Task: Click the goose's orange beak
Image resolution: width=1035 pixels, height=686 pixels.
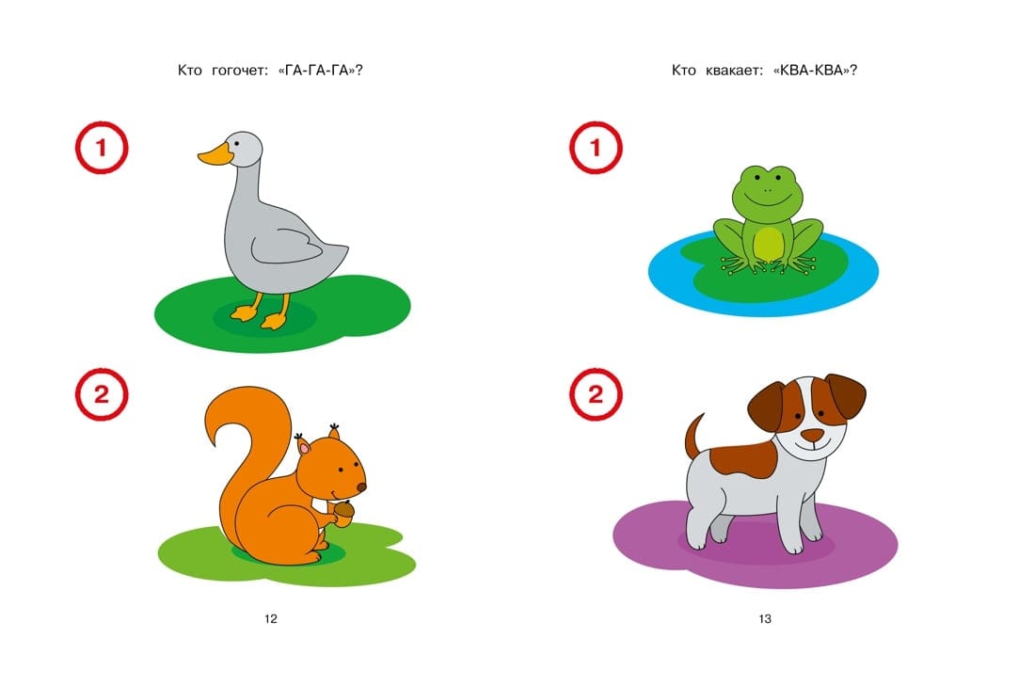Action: [x=215, y=155]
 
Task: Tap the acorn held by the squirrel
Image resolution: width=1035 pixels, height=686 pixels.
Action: [x=343, y=512]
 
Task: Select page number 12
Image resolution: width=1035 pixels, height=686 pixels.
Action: [x=271, y=618]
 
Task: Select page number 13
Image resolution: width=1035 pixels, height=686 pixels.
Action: [x=765, y=618]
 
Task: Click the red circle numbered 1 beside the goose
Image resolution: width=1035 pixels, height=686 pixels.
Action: [x=102, y=147]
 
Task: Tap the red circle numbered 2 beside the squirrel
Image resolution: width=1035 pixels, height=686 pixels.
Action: [x=102, y=395]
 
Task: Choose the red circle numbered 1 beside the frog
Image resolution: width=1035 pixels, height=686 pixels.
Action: [x=596, y=147]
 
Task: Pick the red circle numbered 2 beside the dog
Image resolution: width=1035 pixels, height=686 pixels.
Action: [x=596, y=395]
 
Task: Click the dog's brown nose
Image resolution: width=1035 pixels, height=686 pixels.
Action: [x=813, y=435]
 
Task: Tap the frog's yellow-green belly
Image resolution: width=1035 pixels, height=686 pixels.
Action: [x=768, y=244]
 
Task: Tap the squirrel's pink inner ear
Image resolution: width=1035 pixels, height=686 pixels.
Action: [x=304, y=449]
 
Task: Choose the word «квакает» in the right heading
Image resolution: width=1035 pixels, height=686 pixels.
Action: [x=734, y=71]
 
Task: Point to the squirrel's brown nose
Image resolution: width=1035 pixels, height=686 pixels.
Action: [x=361, y=487]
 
